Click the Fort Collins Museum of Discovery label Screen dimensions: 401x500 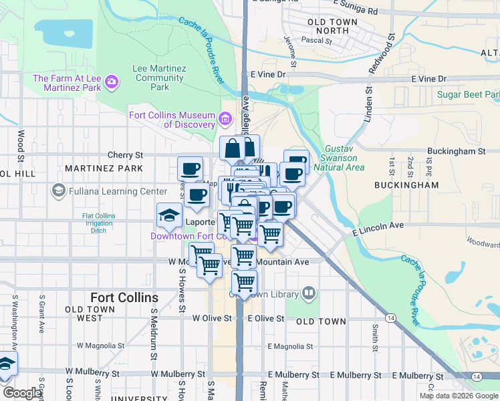coord(172,120)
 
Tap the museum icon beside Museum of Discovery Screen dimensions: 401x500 coord(225,120)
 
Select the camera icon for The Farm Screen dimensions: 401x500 coord(112,83)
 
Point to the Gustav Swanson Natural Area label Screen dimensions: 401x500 coord(345,158)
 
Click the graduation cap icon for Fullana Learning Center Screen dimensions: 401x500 coord(58,191)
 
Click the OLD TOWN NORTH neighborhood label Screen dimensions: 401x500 coord(333,26)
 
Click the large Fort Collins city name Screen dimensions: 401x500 coord(124,297)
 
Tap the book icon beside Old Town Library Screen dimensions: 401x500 coord(309,292)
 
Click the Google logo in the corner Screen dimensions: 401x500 coord(21,393)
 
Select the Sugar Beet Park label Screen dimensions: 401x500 coord(468,94)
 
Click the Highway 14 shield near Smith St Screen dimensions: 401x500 coord(390,317)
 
